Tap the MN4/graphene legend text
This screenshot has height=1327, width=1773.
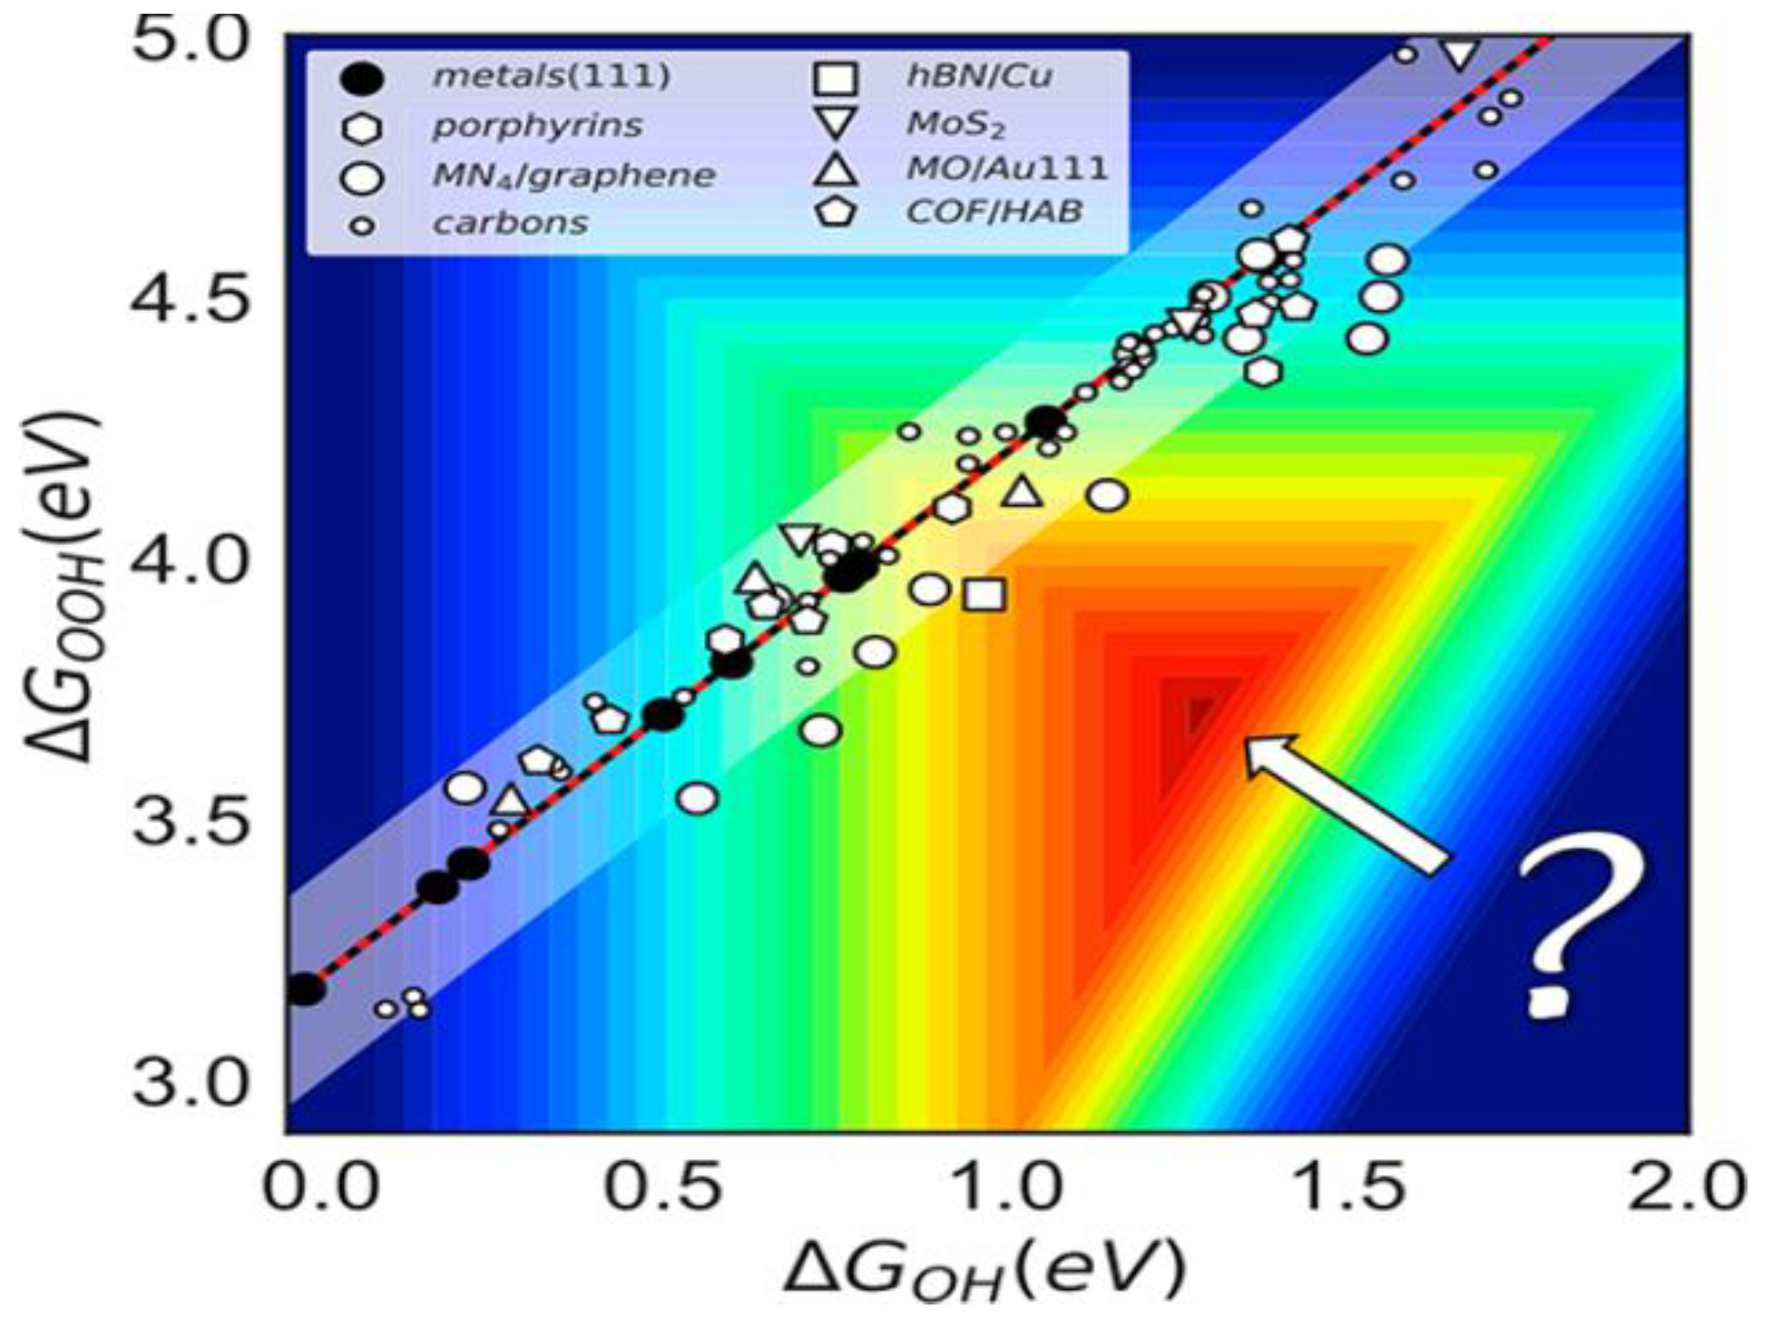(x=573, y=176)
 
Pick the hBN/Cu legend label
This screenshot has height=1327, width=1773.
(x=979, y=75)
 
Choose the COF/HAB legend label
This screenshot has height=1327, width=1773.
(x=994, y=211)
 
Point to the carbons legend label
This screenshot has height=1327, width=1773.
(x=509, y=224)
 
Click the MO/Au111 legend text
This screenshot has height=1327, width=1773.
(x=1007, y=168)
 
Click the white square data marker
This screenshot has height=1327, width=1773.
(x=984, y=594)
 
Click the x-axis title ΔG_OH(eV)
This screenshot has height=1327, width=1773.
(x=982, y=1268)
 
